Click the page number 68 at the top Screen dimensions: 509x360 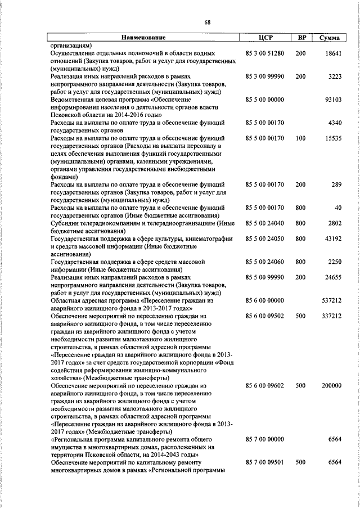coord(208,22)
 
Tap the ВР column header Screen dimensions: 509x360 coord(301,38)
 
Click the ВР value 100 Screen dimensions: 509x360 coord(300,138)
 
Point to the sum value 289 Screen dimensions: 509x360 coord(337,184)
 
